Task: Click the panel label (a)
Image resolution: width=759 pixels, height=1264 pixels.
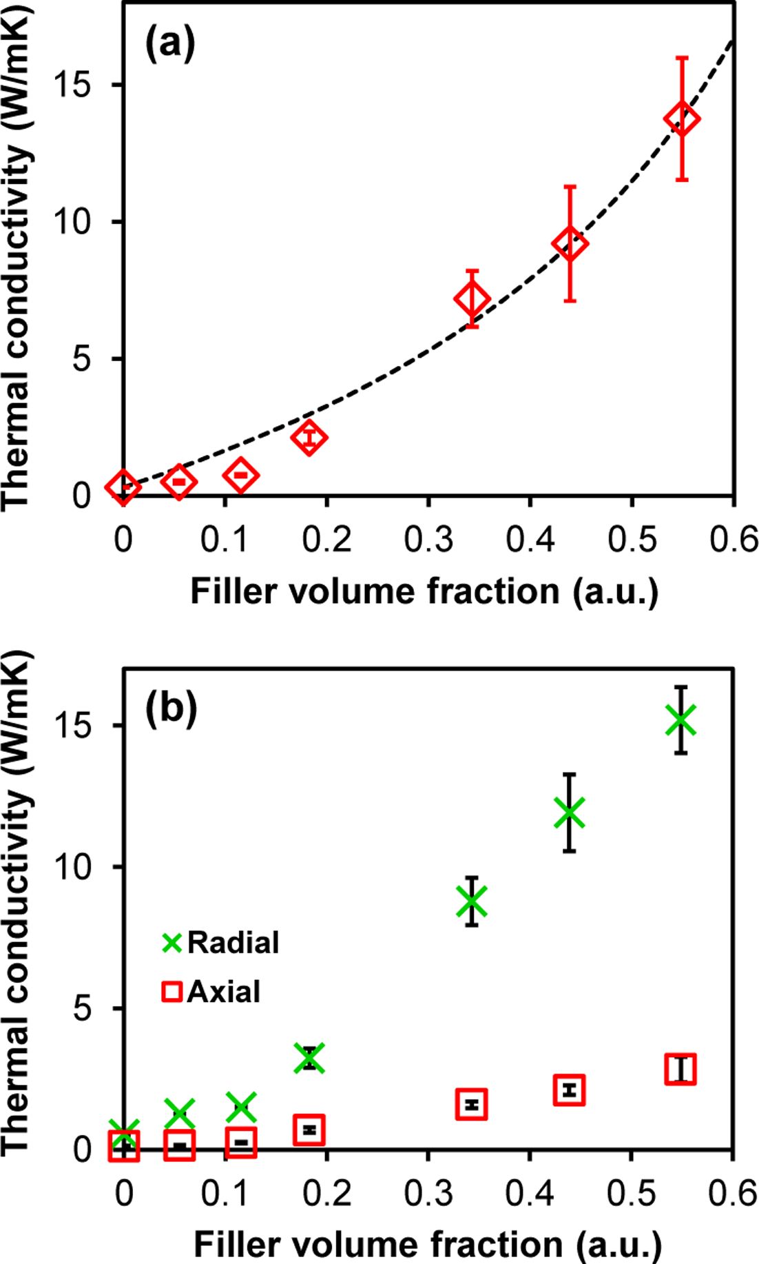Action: click(x=169, y=43)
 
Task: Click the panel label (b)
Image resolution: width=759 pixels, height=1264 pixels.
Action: click(x=171, y=708)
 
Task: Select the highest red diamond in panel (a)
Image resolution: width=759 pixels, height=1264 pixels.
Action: click(x=682, y=119)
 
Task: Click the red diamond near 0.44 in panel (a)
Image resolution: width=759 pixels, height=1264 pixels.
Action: click(x=570, y=244)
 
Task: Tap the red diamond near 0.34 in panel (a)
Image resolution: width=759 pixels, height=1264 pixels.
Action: click(x=472, y=299)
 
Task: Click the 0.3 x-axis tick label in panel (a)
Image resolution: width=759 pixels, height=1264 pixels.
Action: click(x=428, y=540)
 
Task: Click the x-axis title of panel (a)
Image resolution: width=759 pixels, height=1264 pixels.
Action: click(x=424, y=591)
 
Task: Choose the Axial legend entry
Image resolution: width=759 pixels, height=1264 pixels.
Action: click(x=212, y=992)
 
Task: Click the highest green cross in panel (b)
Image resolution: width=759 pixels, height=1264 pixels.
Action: click(x=681, y=720)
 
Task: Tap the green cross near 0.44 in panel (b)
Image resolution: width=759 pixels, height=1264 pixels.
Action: click(x=570, y=813)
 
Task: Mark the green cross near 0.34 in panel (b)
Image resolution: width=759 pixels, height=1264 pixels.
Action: click(x=472, y=901)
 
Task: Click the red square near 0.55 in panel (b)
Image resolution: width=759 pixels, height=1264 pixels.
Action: click(x=680, y=1069)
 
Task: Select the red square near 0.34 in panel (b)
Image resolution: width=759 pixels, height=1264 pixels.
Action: click(x=472, y=1104)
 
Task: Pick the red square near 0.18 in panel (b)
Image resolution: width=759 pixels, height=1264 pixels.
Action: click(x=309, y=1130)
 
